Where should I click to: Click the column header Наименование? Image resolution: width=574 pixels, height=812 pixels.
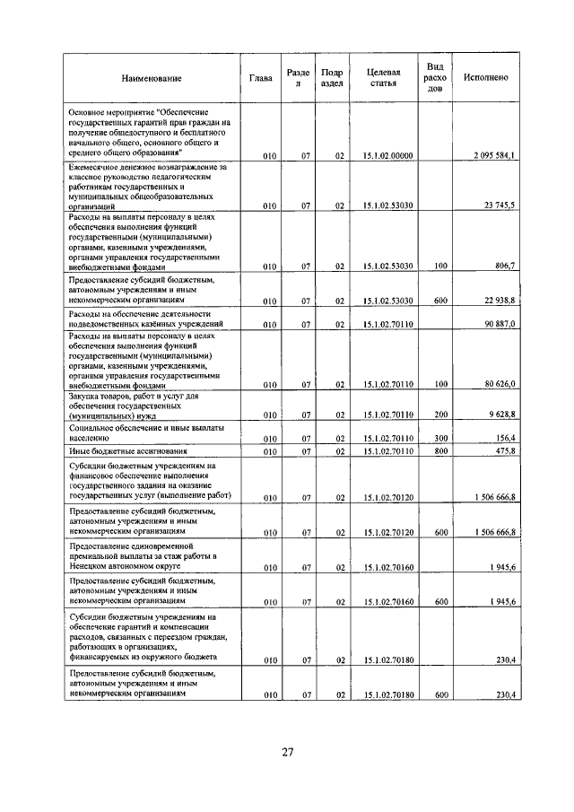[x=152, y=78]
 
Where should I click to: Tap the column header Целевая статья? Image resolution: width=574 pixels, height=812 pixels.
[x=383, y=78]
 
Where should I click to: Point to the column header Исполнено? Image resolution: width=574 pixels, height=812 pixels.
[x=486, y=78]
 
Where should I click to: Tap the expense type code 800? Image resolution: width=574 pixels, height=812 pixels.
[x=440, y=450]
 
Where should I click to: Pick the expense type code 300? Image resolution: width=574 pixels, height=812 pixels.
[x=440, y=438]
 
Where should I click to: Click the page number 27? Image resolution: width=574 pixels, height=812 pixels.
[x=287, y=752]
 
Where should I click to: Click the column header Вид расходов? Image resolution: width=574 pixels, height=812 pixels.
[x=435, y=78]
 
